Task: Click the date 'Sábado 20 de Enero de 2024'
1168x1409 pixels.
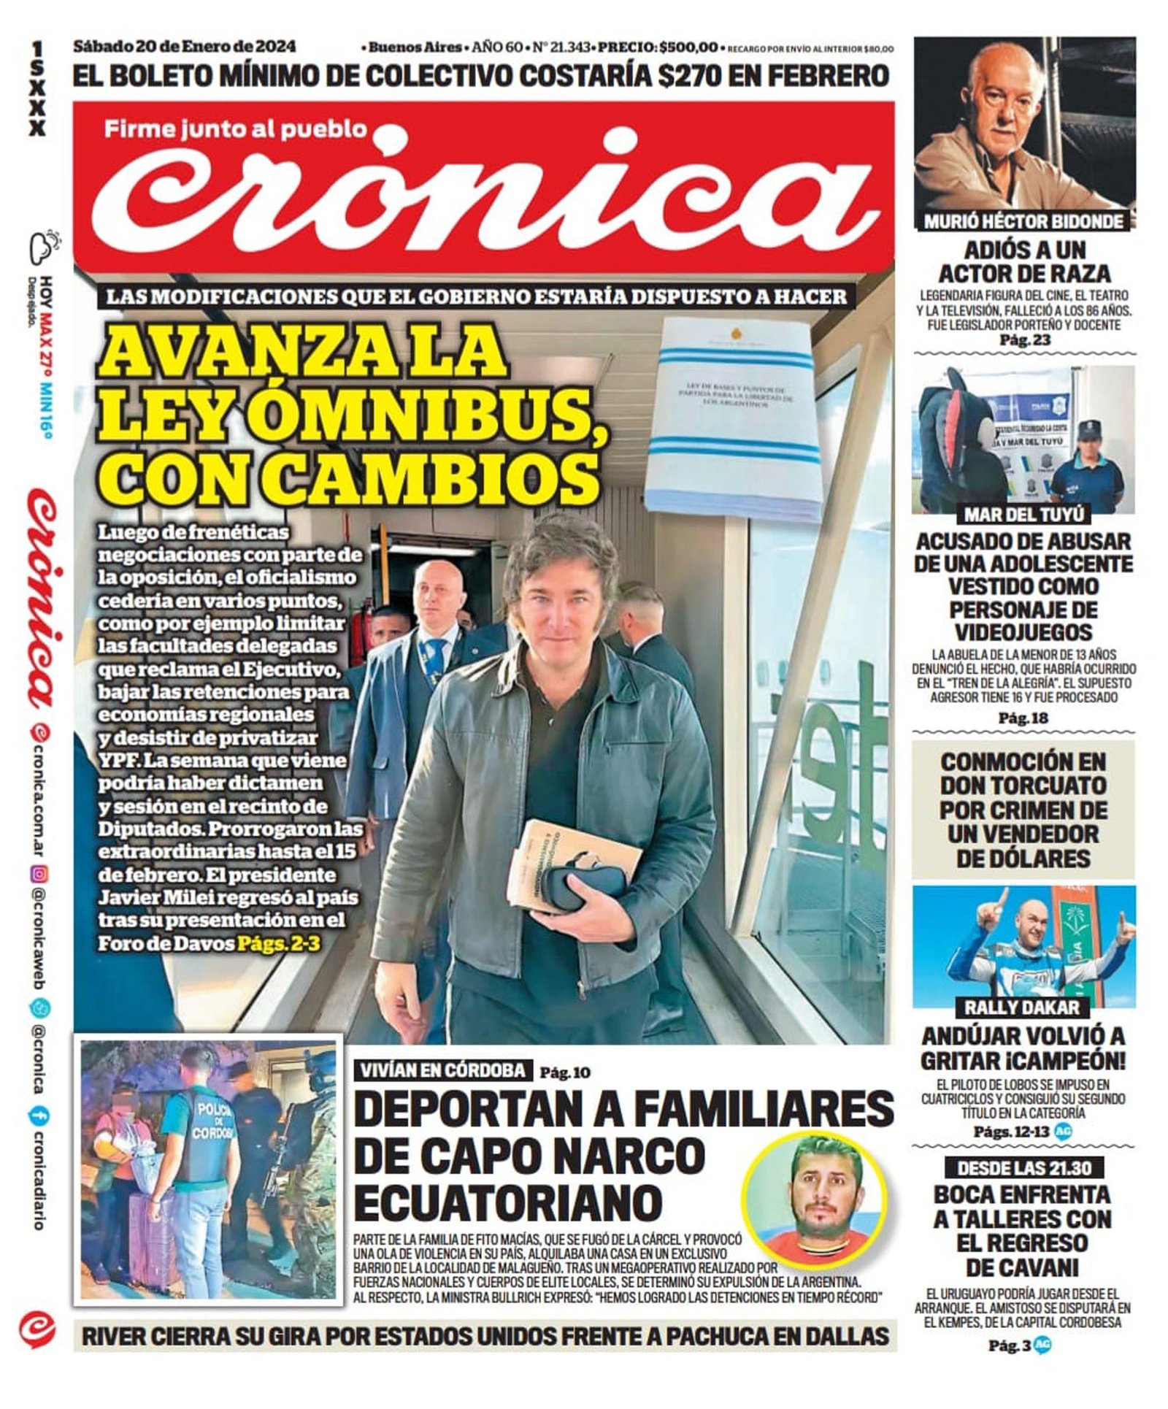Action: pyautogui.click(x=184, y=46)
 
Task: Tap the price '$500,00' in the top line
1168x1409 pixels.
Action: pyautogui.click(x=688, y=47)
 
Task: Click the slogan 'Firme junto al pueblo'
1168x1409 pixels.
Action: pyautogui.click(x=234, y=129)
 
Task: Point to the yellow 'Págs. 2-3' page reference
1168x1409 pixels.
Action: pyautogui.click(x=278, y=943)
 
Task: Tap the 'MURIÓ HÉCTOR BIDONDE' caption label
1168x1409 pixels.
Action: pyautogui.click(x=1023, y=220)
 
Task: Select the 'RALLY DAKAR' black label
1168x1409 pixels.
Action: pyautogui.click(x=1021, y=1007)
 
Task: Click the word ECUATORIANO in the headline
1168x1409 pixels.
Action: pyautogui.click(x=508, y=1203)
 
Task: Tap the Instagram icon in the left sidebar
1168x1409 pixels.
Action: pyautogui.click(x=41, y=873)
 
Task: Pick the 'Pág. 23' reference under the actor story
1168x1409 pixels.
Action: pyautogui.click(x=1023, y=340)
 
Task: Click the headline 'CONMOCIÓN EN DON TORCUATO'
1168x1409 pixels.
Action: pyautogui.click(x=1023, y=774)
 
